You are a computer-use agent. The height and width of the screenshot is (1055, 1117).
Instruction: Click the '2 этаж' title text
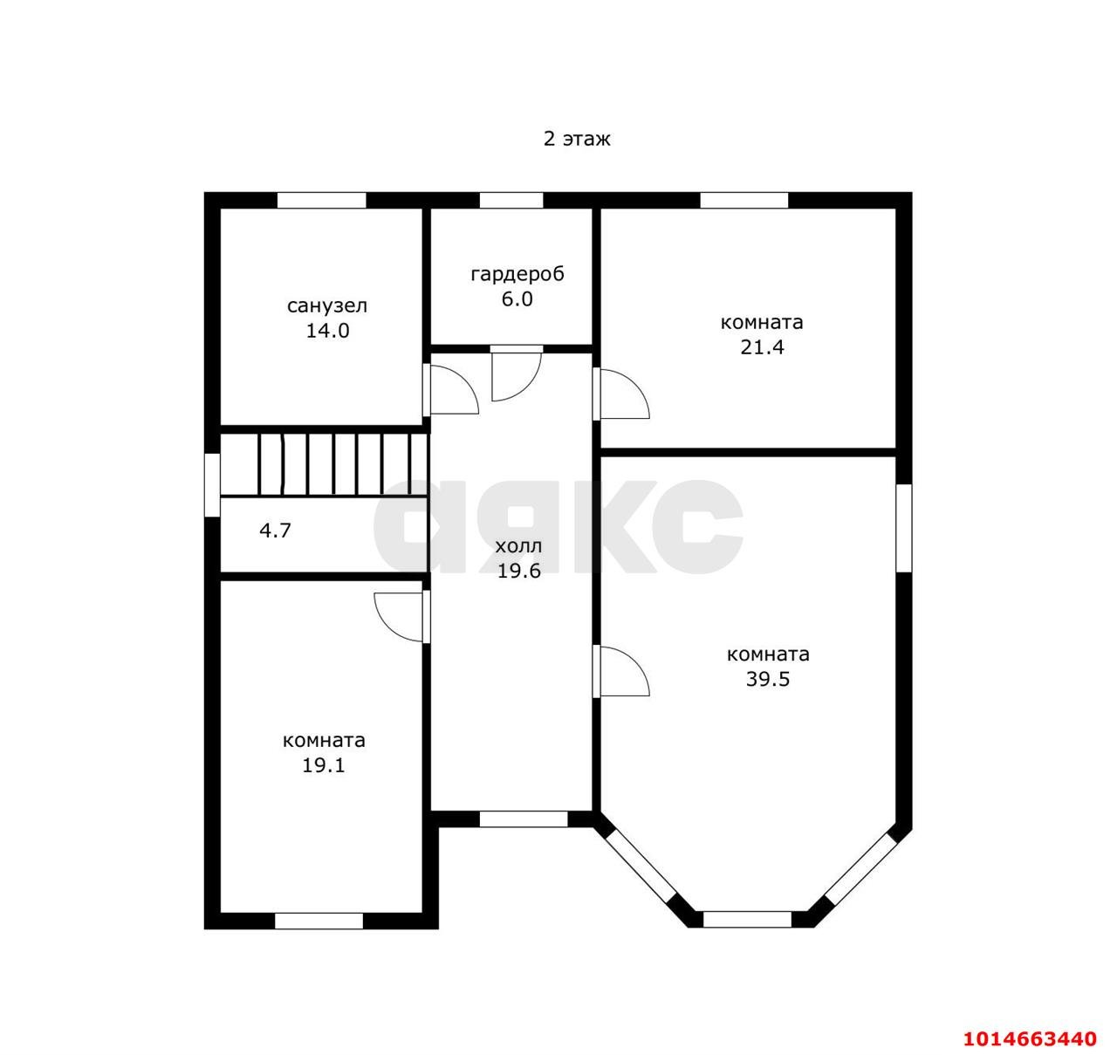coord(577,139)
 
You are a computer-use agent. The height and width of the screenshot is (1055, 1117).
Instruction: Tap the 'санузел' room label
coord(326,306)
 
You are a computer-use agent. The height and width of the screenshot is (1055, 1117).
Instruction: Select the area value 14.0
coord(327,331)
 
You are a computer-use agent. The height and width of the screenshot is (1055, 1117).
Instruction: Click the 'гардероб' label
coord(517,274)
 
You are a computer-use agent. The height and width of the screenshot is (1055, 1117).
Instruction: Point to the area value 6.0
coord(517,298)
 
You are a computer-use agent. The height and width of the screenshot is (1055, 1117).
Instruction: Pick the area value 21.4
coord(762,347)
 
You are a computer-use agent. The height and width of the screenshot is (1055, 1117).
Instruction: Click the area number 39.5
coord(768,679)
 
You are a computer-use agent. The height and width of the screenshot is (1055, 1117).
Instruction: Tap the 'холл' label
coord(518,546)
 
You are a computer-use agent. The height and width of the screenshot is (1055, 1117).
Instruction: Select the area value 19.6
coord(518,571)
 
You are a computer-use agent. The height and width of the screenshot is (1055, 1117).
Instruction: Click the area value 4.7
coord(275,530)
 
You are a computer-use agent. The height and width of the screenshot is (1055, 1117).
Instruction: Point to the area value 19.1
coord(324,765)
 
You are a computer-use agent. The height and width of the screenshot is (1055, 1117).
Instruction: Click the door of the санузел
coord(450,390)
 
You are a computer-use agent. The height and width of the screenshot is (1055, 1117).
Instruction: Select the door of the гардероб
coord(517,373)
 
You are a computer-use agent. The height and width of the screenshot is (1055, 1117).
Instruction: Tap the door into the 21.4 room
coord(621,394)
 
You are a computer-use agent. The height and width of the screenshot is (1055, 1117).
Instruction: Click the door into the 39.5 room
coord(621,671)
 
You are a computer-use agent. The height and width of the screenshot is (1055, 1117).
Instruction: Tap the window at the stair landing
coord(212,485)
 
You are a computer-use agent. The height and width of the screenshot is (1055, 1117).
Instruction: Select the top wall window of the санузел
coord(322,201)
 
